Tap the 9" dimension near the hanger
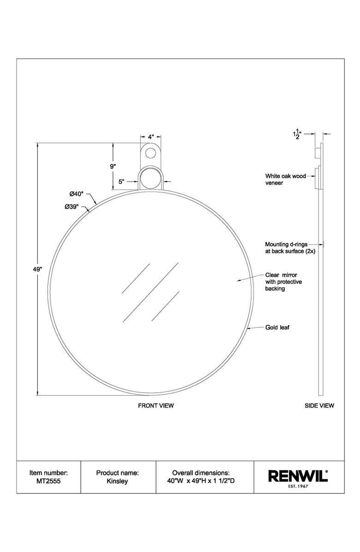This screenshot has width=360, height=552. pyautogui.click(x=113, y=166)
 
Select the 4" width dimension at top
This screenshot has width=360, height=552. pyautogui.click(x=150, y=137)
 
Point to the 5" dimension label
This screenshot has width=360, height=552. pyautogui.click(x=121, y=182)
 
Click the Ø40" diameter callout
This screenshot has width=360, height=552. pyautogui.click(x=77, y=194)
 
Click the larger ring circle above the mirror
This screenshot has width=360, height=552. pyautogui.click(x=150, y=178)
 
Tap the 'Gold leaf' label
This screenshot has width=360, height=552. pyautogui.click(x=277, y=328)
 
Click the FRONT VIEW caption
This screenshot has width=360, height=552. pyautogui.click(x=156, y=406)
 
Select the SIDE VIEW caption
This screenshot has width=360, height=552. pyautogui.click(x=319, y=406)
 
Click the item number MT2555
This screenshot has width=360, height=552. pyautogui.click(x=48, y=480)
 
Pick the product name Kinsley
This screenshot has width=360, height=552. pyautogui.click(x=117, y=480)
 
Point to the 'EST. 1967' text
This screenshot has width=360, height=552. pyautogui.click(x=298, y=486)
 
